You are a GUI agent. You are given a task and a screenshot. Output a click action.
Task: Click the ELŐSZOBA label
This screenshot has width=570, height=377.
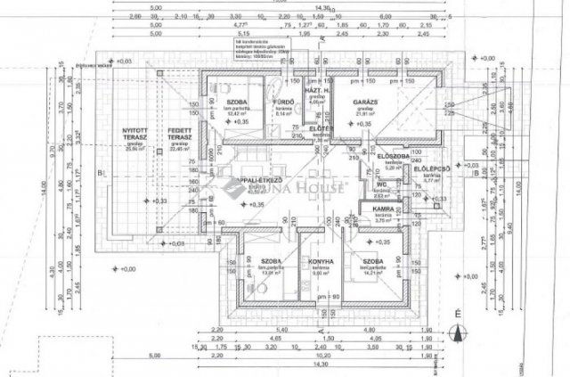pyautogui.click(x=393, y=156)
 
